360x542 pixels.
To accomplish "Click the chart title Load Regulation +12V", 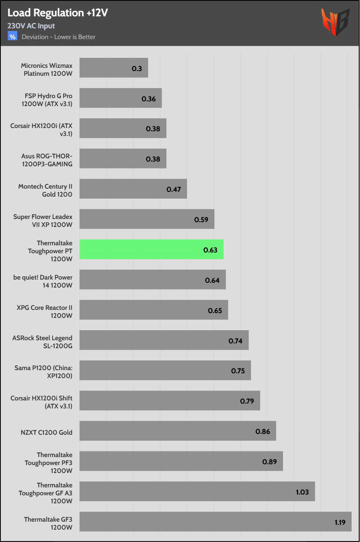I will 57,13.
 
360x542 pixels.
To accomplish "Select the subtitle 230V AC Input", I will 31,26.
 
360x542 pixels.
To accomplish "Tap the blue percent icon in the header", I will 12,37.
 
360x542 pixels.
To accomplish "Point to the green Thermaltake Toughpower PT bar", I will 151,250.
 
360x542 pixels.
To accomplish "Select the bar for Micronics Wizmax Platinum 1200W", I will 114,68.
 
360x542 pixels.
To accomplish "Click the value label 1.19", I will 340,522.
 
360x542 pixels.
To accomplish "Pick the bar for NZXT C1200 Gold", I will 178,431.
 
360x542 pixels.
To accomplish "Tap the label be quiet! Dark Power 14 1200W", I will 43,281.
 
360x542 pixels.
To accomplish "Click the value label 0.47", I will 174,189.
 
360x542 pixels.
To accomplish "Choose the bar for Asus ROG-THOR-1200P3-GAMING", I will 123,159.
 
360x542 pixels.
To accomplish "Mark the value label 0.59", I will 201,220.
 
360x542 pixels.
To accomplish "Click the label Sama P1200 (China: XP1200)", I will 44,372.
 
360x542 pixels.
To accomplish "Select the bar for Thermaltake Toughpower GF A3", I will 197,491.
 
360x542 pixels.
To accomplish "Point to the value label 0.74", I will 235,341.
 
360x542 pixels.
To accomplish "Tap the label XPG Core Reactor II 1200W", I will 45,311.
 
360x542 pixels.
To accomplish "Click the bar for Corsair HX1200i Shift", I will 170,400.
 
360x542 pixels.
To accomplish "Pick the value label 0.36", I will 148,99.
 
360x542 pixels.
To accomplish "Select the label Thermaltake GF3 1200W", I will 48,523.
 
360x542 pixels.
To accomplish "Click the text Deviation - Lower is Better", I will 59,37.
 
